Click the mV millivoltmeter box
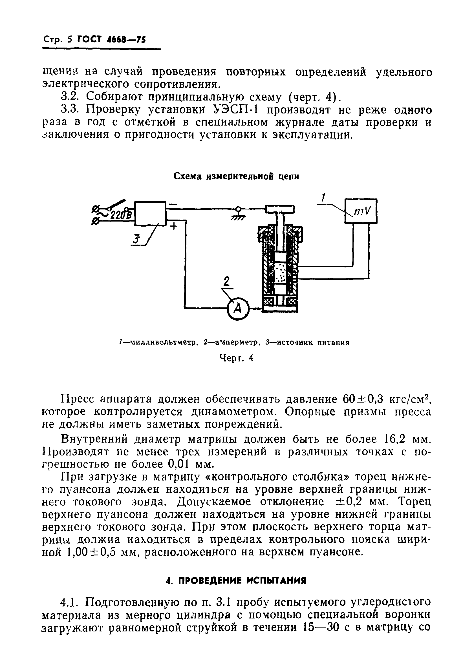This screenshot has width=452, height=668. (x=361, y=211)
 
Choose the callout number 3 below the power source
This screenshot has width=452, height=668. (x=136, y=239)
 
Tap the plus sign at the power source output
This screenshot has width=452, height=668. (x=174, y=227)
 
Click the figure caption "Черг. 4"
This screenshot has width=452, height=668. (x=236, y=358)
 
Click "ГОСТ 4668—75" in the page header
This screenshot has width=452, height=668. (x=111, y=39)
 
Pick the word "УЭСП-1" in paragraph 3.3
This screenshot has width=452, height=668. (x=239, y=110)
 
